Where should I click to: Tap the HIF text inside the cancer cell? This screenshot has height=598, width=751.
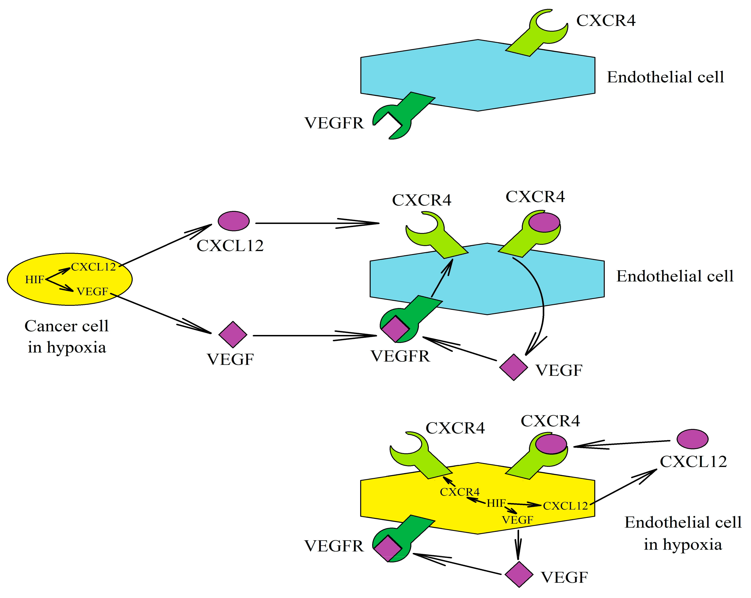point(35,279)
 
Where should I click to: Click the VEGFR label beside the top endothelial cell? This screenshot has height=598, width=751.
point(334,123)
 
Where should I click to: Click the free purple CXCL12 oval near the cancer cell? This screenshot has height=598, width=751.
point(233,221)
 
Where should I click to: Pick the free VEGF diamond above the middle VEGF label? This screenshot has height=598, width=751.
point(233,334)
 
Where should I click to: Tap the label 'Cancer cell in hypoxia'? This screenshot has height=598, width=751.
point(67,336)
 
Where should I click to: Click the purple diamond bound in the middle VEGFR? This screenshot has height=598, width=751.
point(395,328)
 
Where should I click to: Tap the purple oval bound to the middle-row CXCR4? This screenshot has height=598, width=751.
point(544,223)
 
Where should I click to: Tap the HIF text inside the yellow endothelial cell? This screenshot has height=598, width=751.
point(496,503)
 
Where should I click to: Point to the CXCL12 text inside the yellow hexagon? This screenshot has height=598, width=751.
point(565,506)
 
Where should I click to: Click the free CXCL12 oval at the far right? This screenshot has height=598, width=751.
point(692,439)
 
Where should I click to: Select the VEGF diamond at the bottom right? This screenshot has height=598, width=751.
point(519,574)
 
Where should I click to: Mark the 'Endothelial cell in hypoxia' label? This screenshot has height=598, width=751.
point(682,533)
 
